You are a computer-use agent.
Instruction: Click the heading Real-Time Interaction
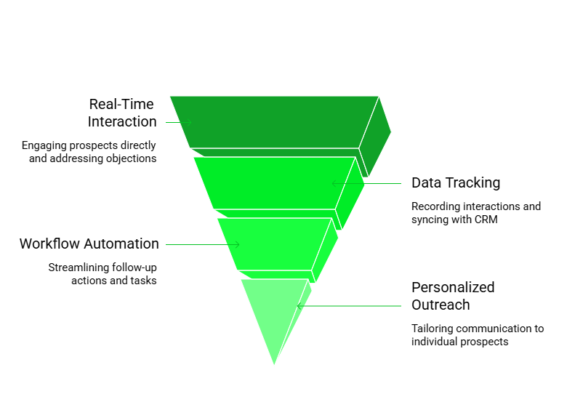[121, 113]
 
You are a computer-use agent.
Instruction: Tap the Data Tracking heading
[456, 182]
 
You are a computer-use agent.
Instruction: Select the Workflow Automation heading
[89, 244]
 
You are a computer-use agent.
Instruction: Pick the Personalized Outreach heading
[453, 296]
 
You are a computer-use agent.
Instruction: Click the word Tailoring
[433, 329]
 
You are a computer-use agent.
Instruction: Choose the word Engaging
[45, 145]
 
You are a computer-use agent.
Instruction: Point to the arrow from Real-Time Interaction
[178, 121]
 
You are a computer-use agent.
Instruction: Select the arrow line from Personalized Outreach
[349, 306]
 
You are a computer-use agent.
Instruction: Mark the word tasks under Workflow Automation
[142, 280]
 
